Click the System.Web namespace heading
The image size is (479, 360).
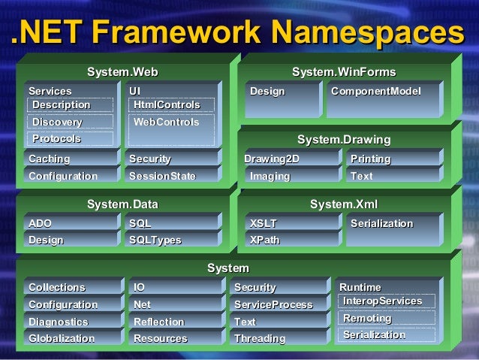(x=122, y=72)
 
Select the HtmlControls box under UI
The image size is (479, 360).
(x=170, y=104)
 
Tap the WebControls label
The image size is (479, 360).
(x=170, y=122)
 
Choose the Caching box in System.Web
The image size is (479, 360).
(x=70, y=159)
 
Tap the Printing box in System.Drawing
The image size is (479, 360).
(x=392, y=159)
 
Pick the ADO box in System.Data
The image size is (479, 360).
(x=70, y=223)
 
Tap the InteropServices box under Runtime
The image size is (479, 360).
(x=387, y=301)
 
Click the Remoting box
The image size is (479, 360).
(x=387, y=319)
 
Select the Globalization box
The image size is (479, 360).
(x=70, y=338)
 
